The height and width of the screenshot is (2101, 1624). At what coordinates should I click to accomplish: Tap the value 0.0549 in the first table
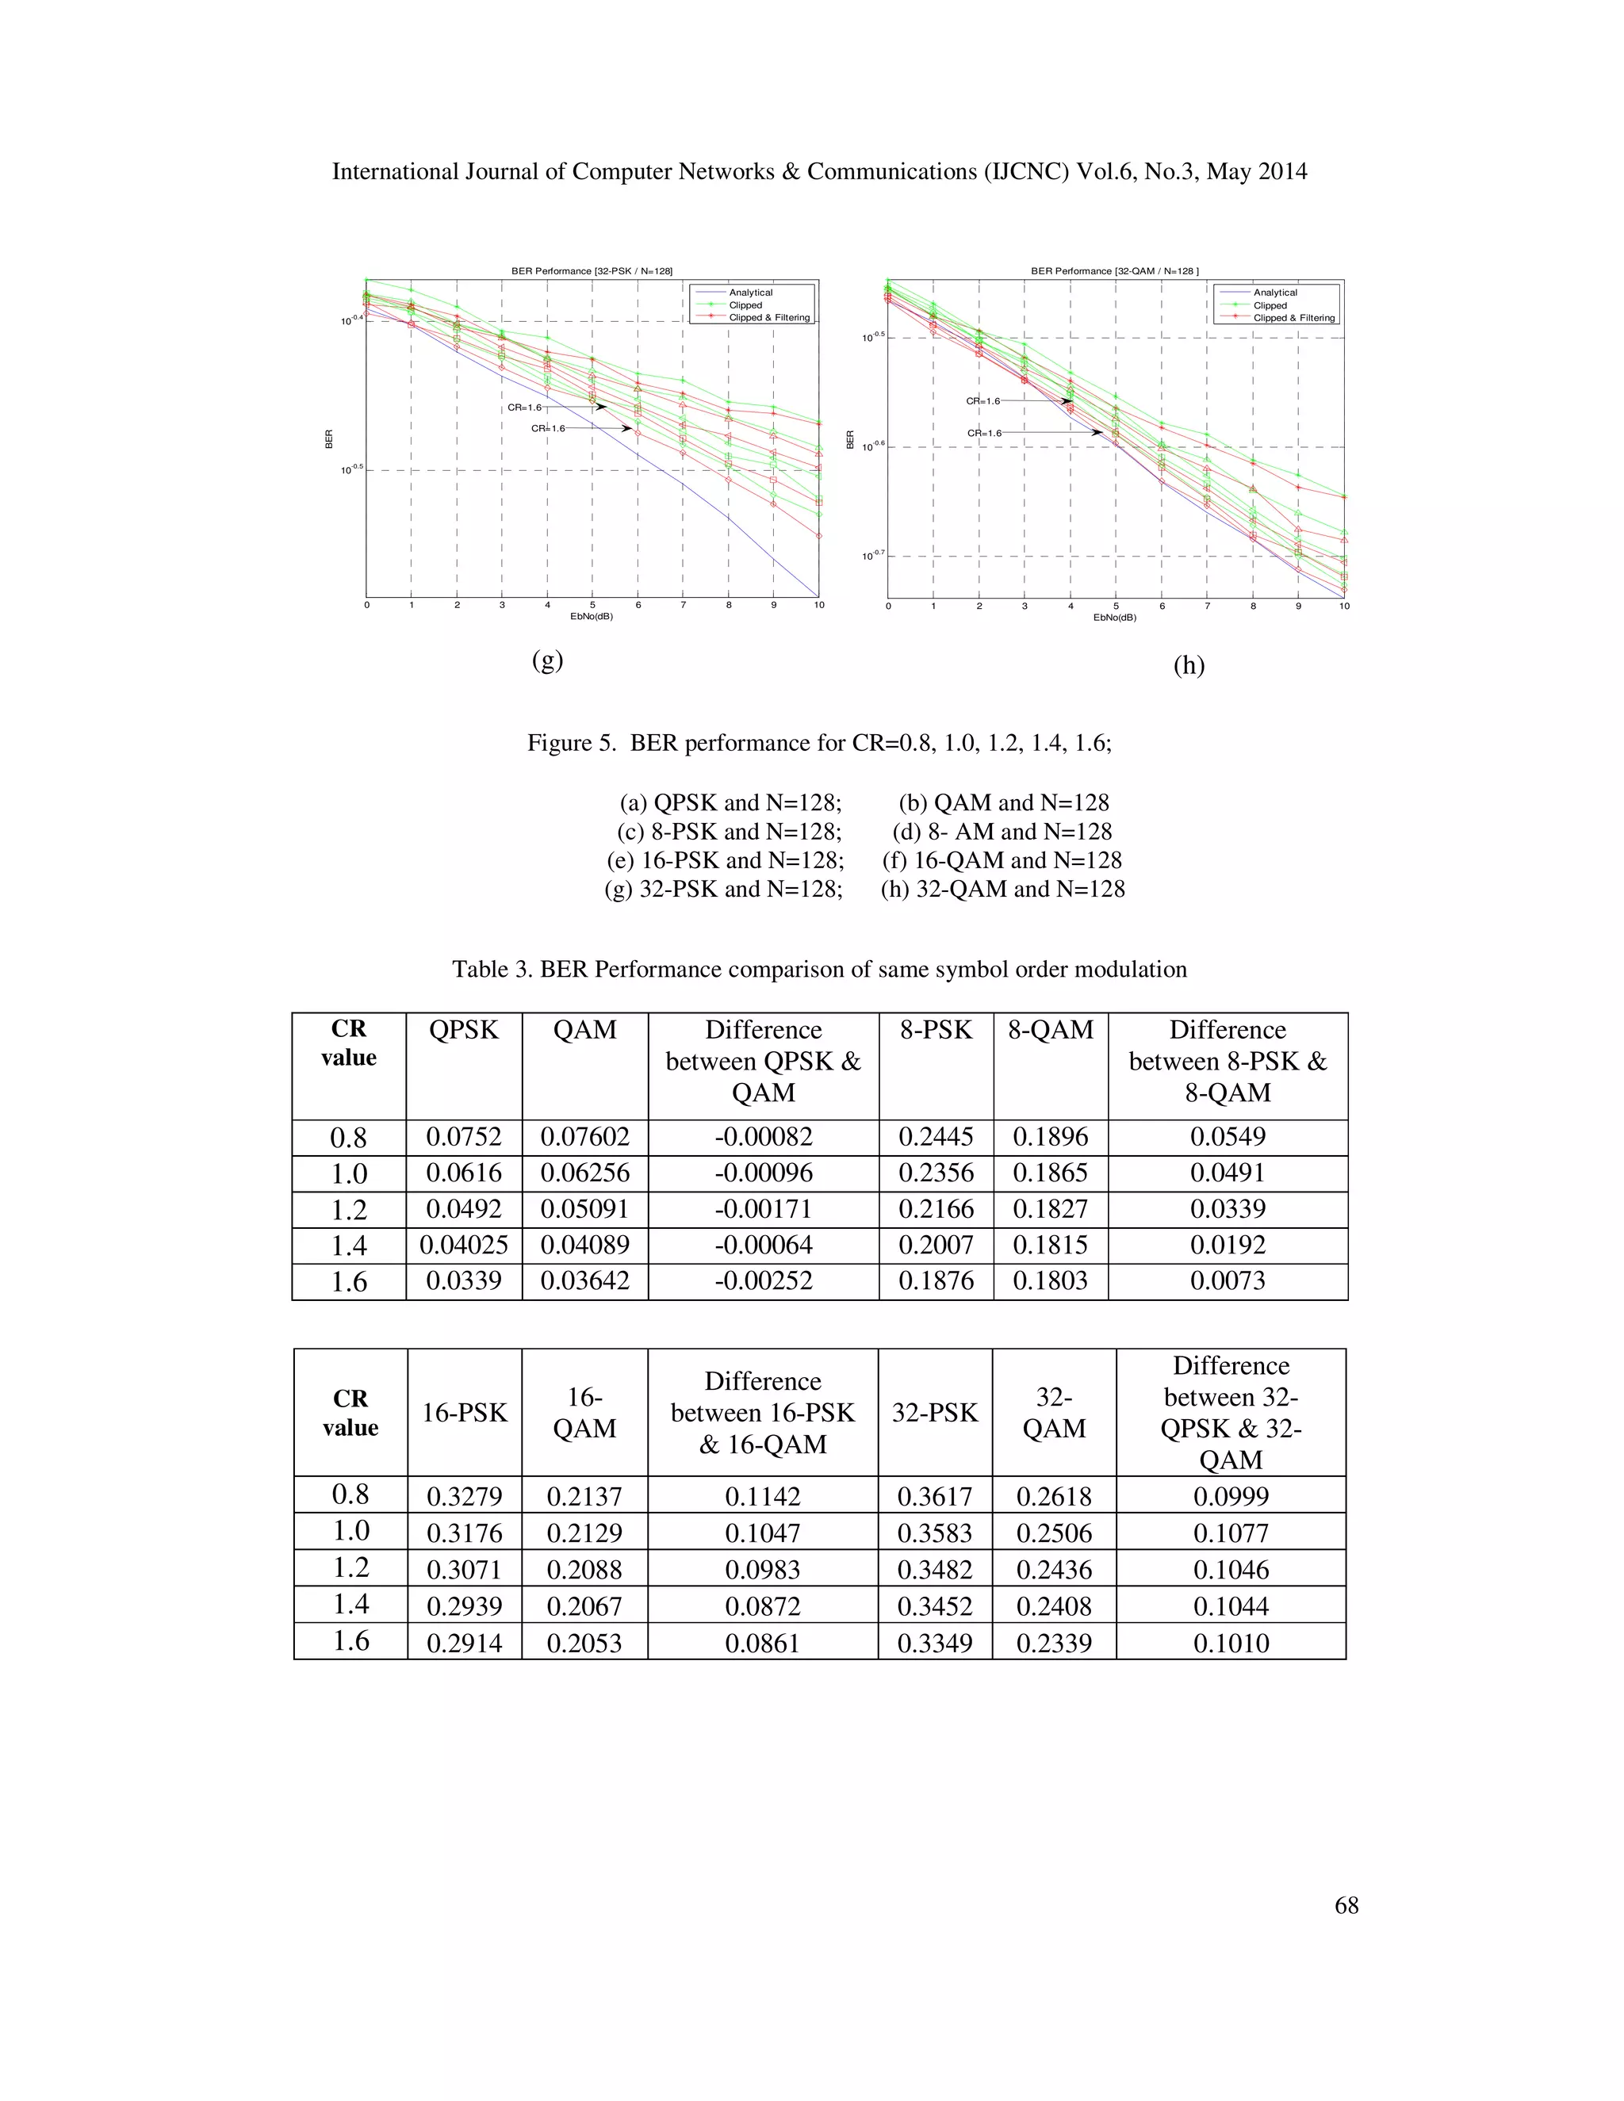point(1227,1137)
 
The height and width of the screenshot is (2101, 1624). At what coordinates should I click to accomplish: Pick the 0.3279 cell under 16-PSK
point(464,1497)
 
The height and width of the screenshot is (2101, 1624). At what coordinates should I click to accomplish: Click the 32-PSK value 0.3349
point(934,1643)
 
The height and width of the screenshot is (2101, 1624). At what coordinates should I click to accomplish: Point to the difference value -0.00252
point(763,1281)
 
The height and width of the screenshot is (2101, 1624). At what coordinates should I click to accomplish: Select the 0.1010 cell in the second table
point(1231,1643)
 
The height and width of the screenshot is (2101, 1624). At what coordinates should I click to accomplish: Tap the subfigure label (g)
point(547,661)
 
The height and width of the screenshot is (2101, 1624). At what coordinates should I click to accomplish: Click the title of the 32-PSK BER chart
point(591,271)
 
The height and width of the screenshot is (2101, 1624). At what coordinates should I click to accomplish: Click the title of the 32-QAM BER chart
point(1114,271)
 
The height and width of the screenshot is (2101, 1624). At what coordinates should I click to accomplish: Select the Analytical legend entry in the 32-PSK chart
point(750,293)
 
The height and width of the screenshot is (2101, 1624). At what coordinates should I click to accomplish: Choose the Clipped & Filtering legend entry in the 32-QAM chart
point(1293,317)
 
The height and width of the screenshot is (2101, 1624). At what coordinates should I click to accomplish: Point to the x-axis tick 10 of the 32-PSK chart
point(818,605)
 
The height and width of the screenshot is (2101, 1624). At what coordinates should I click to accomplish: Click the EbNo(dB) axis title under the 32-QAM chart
point(1114,618)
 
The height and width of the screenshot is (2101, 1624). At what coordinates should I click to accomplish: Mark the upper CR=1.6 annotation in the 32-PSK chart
point(524,408)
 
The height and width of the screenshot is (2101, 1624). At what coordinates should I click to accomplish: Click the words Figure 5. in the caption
point(570,744)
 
